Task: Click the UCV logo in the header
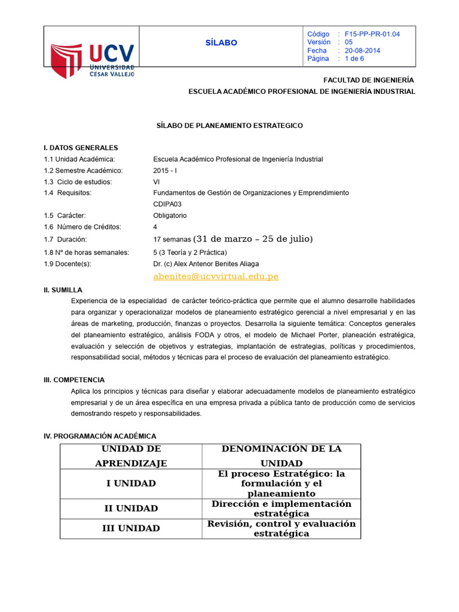92,60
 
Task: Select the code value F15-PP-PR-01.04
372,34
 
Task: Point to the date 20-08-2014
363,51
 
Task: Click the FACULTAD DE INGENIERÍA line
368,80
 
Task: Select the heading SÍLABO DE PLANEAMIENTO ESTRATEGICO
229,126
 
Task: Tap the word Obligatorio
170,215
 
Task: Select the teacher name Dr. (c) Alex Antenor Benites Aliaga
207,264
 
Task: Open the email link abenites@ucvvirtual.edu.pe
216,276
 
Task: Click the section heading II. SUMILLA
63,289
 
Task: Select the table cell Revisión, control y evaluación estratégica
281,528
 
